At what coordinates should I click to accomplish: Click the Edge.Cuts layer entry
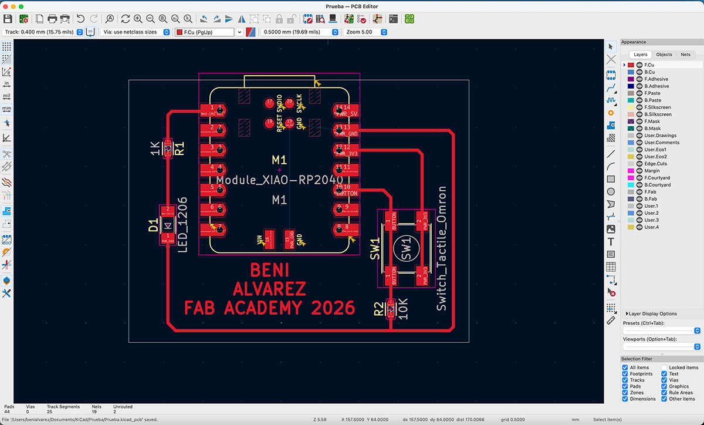point(653,164)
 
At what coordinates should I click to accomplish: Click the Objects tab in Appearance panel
point(664,55)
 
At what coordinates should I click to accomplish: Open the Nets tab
point(685,55)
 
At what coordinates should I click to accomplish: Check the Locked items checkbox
point(665,367)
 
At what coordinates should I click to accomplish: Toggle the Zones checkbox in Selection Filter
point(625,393)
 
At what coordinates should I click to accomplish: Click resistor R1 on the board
point(168,148)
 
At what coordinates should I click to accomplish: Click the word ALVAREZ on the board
point(269,289)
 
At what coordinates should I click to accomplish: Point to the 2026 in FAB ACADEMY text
point(334,308)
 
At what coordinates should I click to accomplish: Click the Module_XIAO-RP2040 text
point(279,179)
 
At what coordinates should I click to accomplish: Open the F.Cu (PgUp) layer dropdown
point(209,32)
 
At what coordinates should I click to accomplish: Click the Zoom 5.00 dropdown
point(367,32)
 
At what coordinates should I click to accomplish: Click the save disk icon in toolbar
point(8,19)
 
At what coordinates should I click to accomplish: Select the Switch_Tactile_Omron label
point(442,249)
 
